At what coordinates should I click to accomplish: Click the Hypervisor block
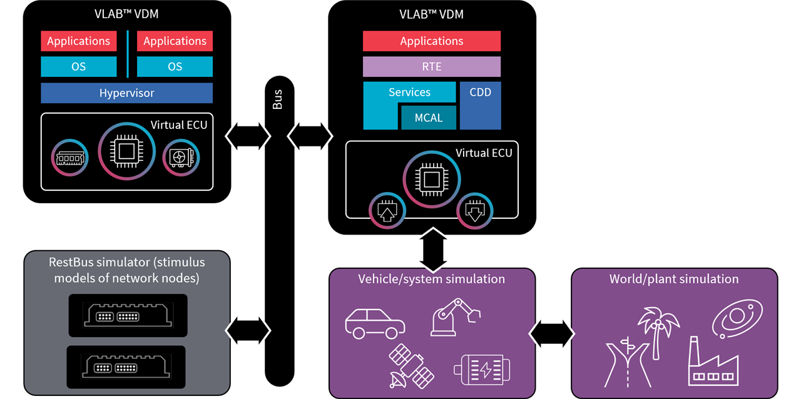[x=126, y=93]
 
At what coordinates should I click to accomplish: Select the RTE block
[x=431, y=66]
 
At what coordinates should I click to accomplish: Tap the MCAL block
[x=428, y=117]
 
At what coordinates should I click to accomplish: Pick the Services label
[x=409, y=92]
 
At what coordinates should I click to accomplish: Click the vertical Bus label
[x=277, y=99]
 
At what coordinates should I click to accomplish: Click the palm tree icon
[x=657, y=331]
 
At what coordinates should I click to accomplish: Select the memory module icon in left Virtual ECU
[x=70, y=157]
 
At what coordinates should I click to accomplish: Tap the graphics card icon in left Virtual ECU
[x=181, y=156]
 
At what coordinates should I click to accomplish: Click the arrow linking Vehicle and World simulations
[x=553, y=334]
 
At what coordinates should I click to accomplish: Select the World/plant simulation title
[x=674, y=279]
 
